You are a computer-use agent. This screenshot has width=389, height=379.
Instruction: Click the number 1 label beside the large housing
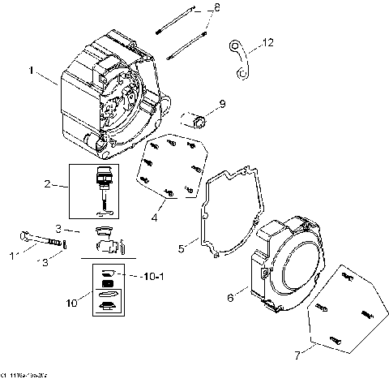(x=32, y=71)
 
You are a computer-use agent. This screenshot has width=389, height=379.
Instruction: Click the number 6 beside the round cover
(x=230, y=298)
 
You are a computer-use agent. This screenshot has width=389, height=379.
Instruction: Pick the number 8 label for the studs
(x=216, y=8)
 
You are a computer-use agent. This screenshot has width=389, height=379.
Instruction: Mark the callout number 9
(x=222, y=105)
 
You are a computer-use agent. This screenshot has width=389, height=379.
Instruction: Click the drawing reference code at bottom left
(x=22, y=373)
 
